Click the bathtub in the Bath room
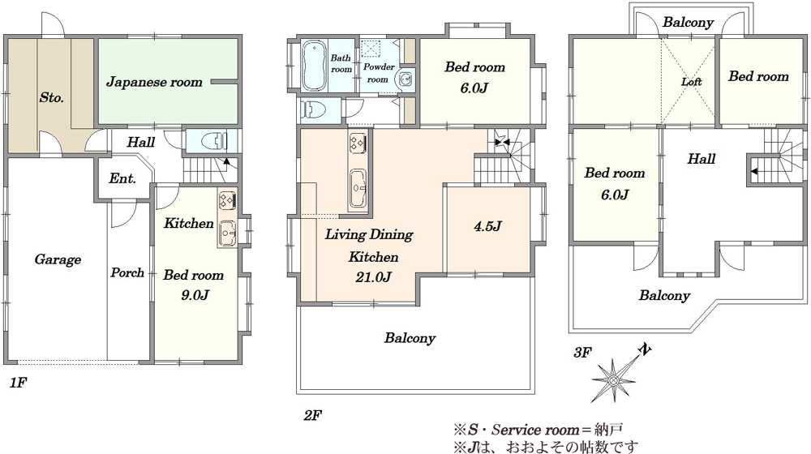312,65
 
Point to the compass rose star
615,379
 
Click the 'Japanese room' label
154,82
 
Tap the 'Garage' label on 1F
58,259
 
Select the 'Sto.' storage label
52,97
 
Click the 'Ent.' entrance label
122,179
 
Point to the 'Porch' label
127,272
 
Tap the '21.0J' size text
373,277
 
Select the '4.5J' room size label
487,226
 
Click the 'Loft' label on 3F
691,82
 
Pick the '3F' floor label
581,353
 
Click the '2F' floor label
313,415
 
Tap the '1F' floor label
18,383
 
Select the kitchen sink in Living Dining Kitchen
358,188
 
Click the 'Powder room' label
379,73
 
